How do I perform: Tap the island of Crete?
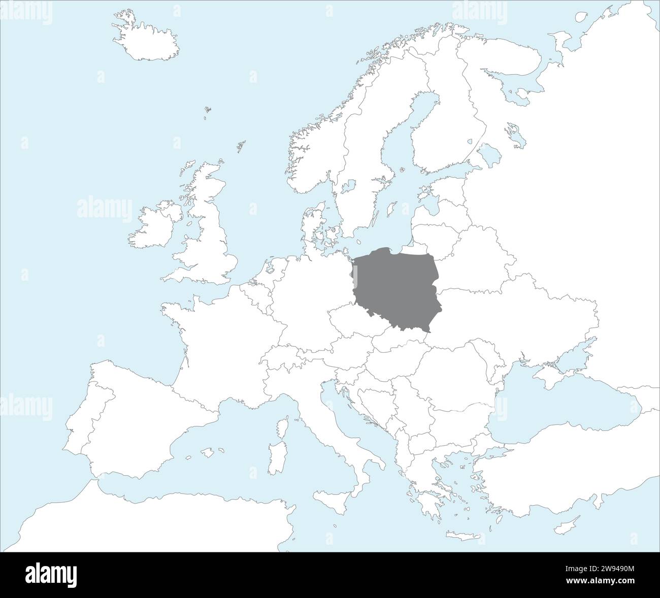pos(462,537)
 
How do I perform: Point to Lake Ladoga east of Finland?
pos(490,152)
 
